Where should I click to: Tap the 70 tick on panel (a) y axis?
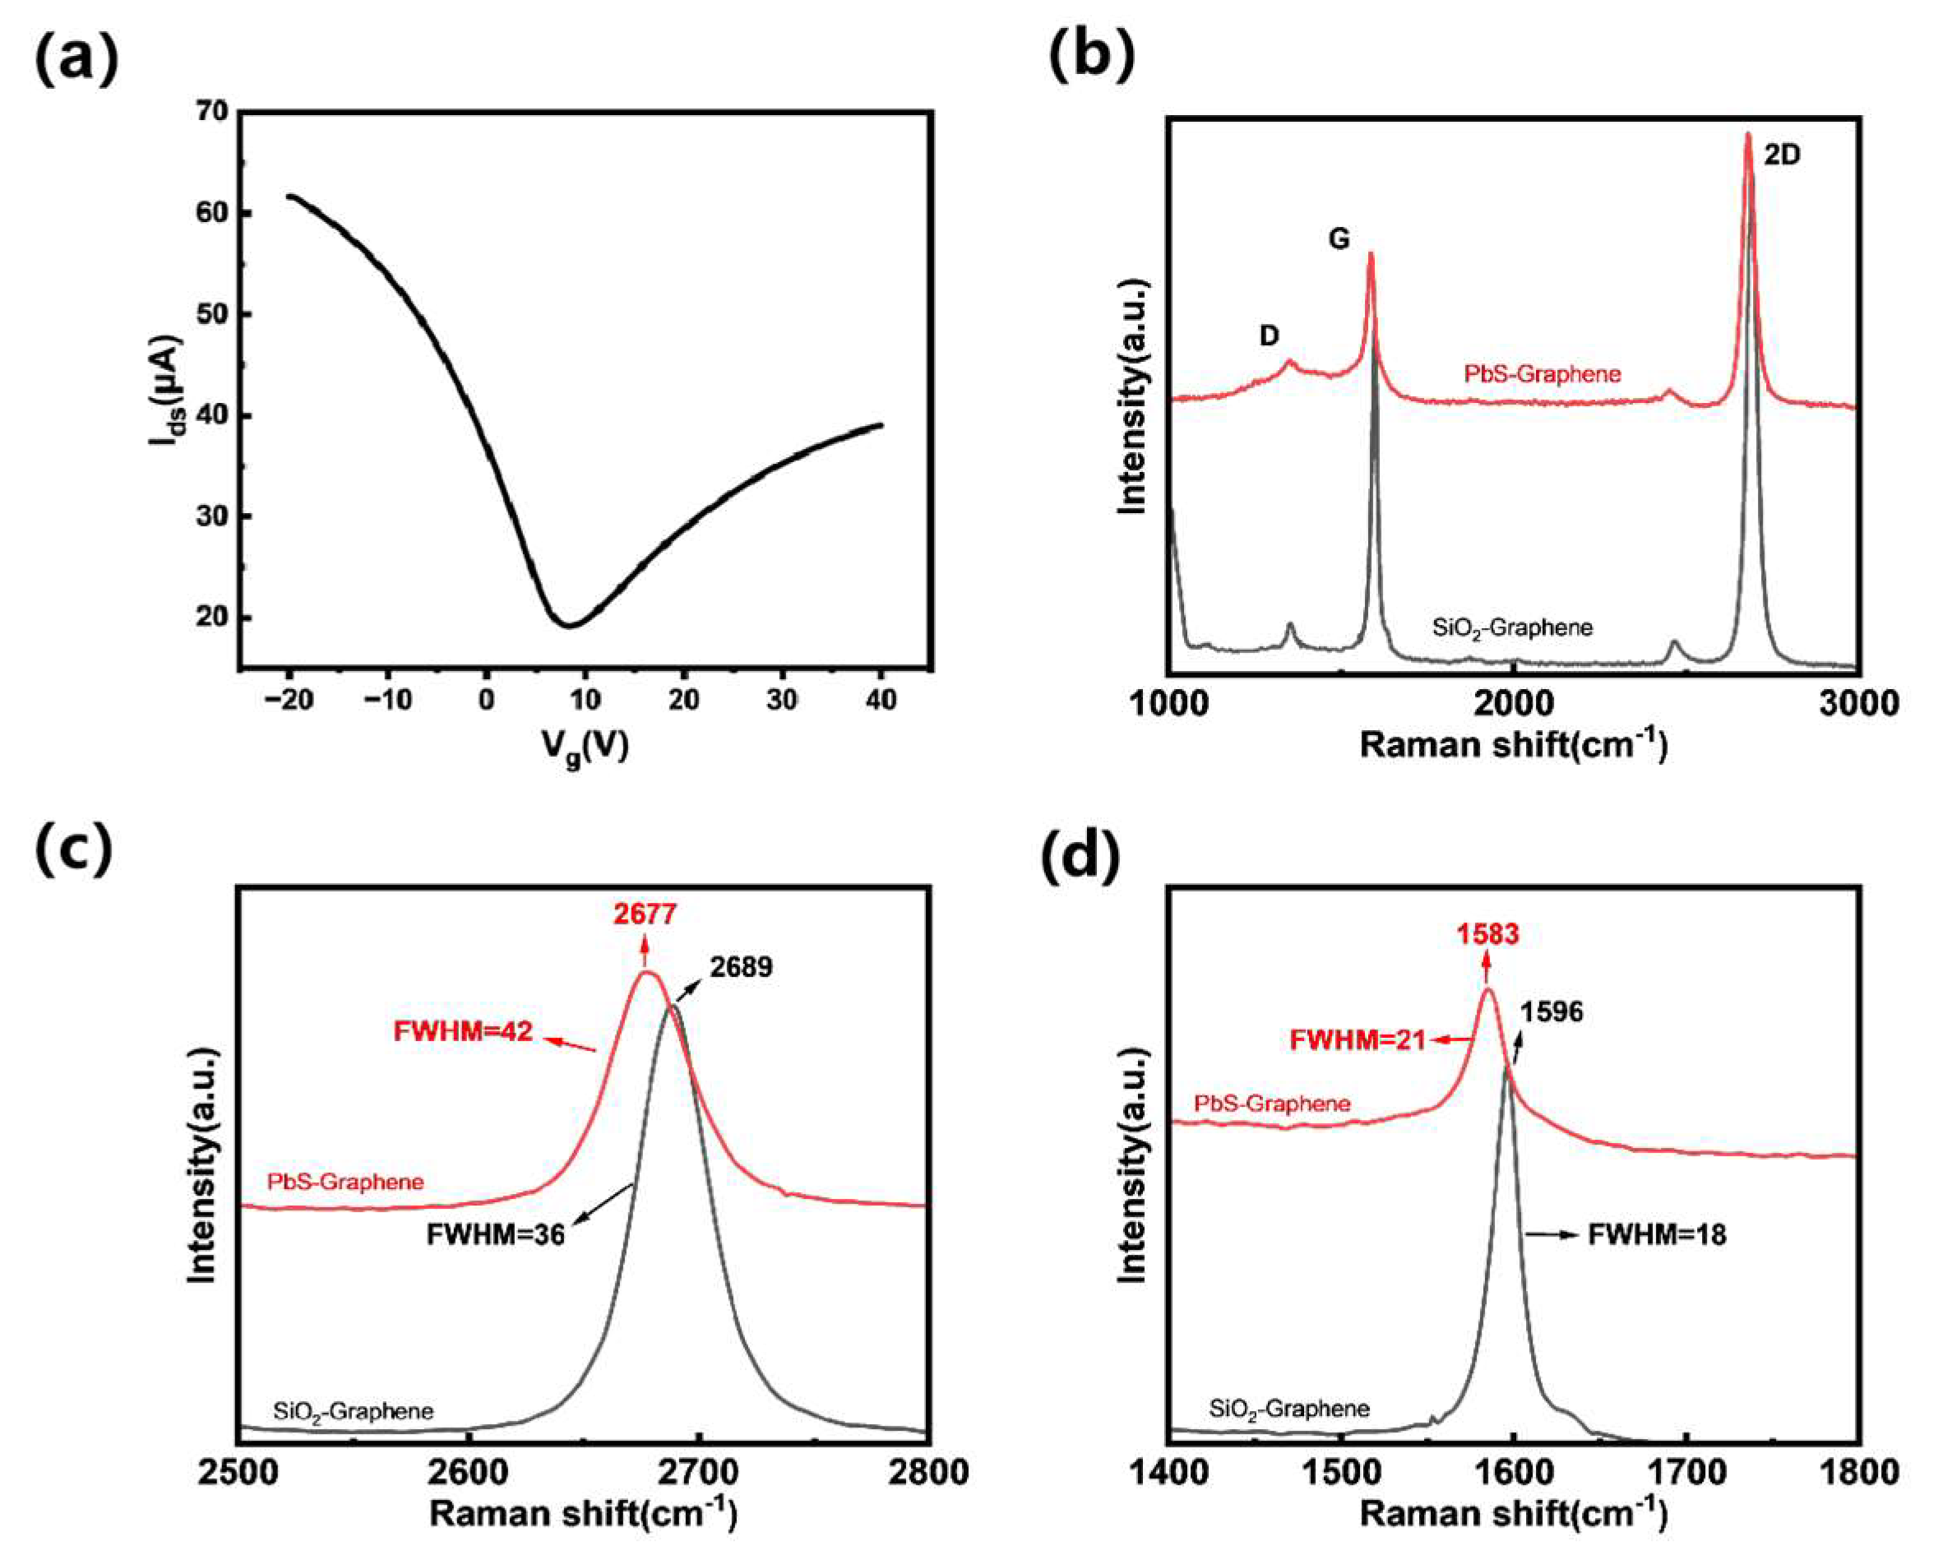click(x=213, y=112)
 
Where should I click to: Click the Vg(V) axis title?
click(x=585, y=745)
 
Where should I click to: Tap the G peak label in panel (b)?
click(x=1339, y=239)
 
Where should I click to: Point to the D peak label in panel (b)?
click(x=1269, y=336)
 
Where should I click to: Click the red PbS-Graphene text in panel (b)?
click(x=1542, y=373)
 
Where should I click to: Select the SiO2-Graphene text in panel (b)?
click(x=1512, y=627)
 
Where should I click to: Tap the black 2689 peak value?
click(x=741, y=967)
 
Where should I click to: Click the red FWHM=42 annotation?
click(x=463, y=1030)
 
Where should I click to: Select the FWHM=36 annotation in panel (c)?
click(x=496, y=1233)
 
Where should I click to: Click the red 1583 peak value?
click(x=1487, y=934)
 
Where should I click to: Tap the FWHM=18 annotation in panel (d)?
click(x=1656, y=1234)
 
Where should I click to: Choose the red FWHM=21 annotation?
click(x=1357, y=1039)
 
